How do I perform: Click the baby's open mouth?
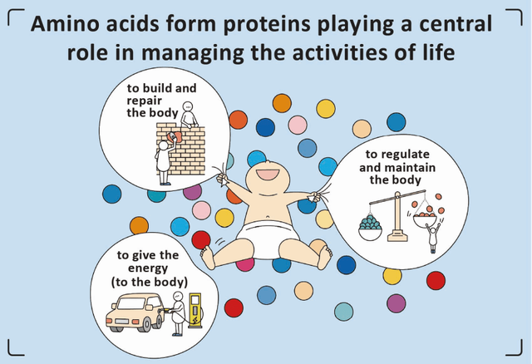(x=268, y=175)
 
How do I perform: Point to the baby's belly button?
(x=268, y=216)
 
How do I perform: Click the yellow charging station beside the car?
(x=195, y=311)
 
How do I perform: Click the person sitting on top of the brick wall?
(x=189, y=115)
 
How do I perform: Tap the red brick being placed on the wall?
(x=175, y=137)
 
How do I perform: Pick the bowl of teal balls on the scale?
(x=370, y=229)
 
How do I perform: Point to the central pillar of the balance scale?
(x=397, y=217)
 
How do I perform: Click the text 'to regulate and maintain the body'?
(x=397, y=167)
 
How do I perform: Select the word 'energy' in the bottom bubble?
(x=148, y=268)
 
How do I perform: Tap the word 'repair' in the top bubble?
(x=144, y=101)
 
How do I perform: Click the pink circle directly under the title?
(x=298, y=125)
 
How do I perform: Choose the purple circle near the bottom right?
(x=397, y=303)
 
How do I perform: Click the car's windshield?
(x=133, y=303)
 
